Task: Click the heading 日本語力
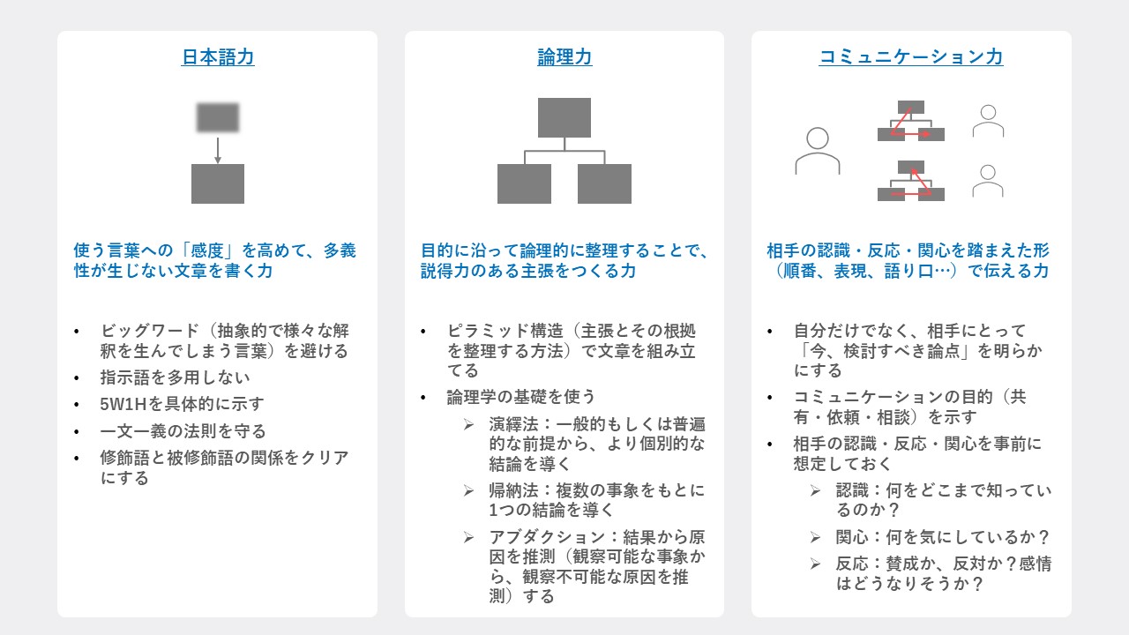pos(218,57)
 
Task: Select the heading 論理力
pos(564,57)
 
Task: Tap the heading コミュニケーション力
pos(911,57)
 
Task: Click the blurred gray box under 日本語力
pos(218,117)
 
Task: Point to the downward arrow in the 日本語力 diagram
pos(218,150)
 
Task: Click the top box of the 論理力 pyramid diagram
pos(564,117)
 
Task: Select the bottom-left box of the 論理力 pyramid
pos(524,183)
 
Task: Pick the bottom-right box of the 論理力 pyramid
pos(604,183)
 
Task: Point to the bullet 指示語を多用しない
pos(175,377)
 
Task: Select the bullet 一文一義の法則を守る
pos(183,431)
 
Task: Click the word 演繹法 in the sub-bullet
pos(513,424)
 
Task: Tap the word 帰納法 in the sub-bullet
pos(513,489)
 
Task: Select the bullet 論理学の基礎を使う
pos(521,397)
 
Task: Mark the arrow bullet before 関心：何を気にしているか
pos(815,537)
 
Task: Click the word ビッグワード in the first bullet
pos(150,331)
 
